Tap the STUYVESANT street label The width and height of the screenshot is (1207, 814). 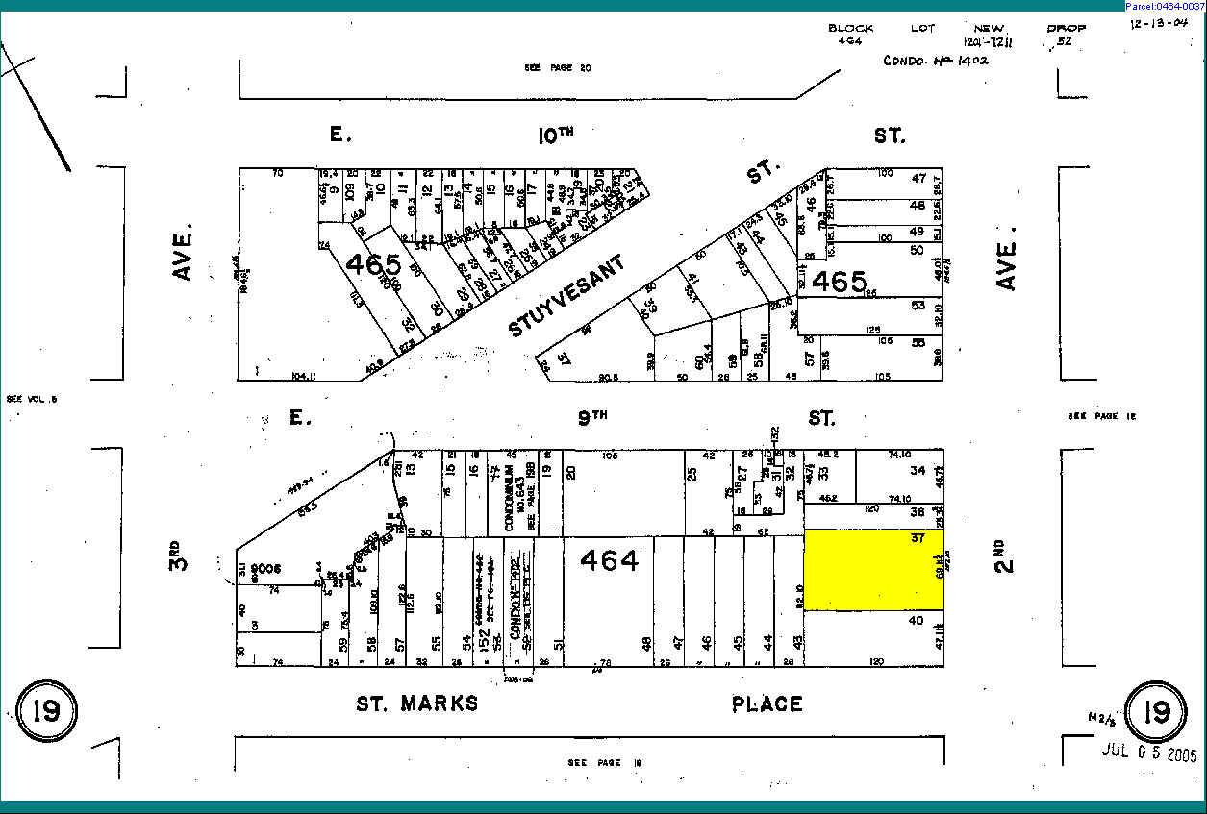566,295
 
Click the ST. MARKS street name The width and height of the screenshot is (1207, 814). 416,703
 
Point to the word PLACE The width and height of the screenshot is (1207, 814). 767,704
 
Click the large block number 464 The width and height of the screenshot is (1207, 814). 610,560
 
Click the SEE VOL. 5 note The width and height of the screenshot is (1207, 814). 32,398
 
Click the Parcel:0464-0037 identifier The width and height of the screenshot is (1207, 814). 1164,6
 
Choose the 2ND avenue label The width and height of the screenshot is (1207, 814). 999,558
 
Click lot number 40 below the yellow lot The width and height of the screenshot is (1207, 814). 916,621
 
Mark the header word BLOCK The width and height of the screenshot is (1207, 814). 850,28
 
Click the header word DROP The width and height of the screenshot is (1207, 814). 1066,28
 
